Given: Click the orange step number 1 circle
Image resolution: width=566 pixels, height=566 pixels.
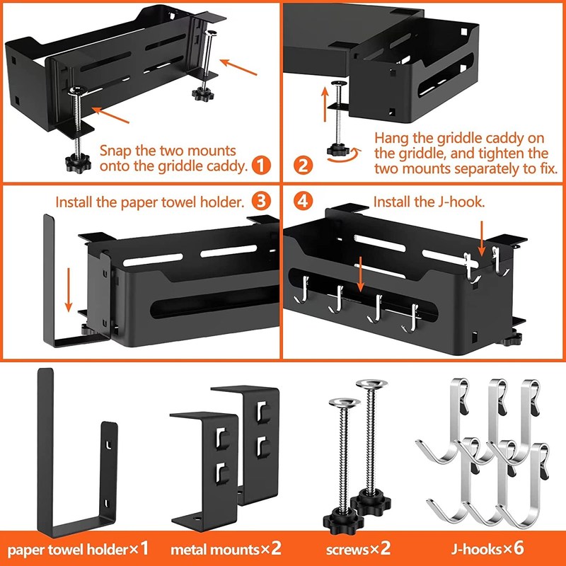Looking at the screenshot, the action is pyautogui.click(x=261, y=166).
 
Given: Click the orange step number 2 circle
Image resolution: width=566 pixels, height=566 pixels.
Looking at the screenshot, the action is pyautogui.click(x=303, y=166).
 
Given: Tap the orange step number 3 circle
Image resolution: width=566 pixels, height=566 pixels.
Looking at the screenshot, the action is pyautogui.click(x=261, y=202).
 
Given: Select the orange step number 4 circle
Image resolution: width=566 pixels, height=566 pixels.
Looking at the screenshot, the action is pyautogui.click(x=303, y=202).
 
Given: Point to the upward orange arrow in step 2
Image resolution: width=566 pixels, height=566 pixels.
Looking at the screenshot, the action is pyautogui.click(x=325, y=105).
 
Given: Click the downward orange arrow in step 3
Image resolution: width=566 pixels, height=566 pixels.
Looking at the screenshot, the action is pyautogui.click(x=68, y=290).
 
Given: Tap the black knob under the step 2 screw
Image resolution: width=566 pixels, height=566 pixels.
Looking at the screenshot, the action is pyautogui.click(x=338, y=149).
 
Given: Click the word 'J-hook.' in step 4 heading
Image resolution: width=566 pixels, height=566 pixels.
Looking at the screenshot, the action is pyautogui.click(x=461, y=202).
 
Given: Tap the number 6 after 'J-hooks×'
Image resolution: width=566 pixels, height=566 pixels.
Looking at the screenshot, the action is pyautogui.click(x=519, y=548).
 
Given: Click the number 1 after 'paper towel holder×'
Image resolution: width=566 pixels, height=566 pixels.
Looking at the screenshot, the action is pyautogui.click(x=144, y=548).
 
